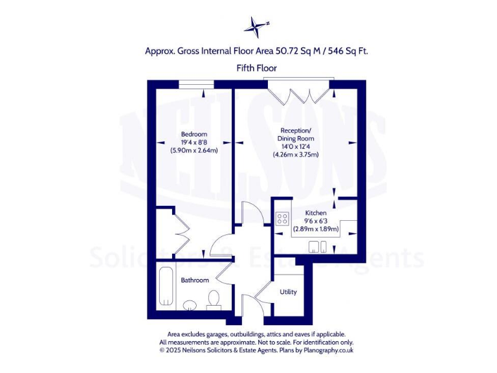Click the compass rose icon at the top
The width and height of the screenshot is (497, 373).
click(256, 26)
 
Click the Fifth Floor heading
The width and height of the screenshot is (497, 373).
click(256, 67)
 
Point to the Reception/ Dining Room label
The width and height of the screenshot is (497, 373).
click(296, 135)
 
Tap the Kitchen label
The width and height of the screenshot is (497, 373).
click(316, 212)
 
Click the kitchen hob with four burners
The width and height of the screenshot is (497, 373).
click(282, 219)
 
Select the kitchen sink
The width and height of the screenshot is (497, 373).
click(318, 245)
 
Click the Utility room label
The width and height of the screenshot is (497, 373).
click(288, 291)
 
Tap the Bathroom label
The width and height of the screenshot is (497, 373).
click(194, 280)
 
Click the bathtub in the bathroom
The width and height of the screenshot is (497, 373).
click(166, 286)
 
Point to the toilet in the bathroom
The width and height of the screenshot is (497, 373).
click(214, 299)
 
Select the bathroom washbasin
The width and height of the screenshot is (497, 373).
click(190, 305)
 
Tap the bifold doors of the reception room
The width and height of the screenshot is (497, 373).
click(300, 91)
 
